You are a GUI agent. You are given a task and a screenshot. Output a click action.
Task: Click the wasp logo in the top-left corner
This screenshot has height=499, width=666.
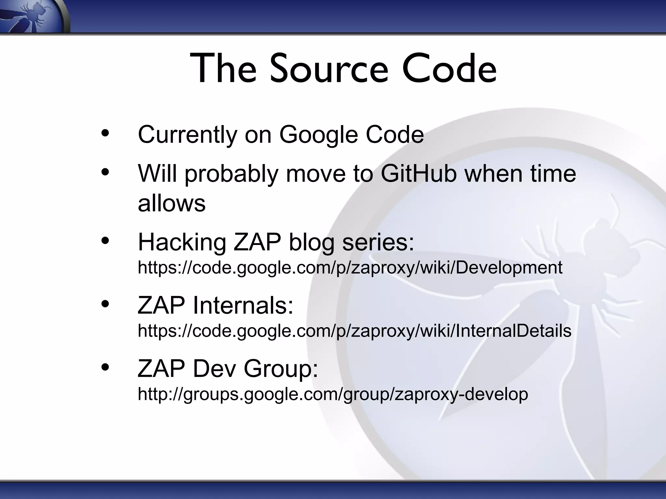pos(34,16)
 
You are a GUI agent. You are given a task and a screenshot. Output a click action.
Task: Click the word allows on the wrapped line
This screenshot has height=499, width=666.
pos(172,203)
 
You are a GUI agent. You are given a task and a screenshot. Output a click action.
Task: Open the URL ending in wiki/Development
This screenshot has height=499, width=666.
pos(350,268)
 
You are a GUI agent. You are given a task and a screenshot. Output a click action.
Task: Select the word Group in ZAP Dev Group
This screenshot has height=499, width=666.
pos(281,368)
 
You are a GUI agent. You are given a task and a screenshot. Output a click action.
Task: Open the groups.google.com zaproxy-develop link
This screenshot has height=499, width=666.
pos(333,394)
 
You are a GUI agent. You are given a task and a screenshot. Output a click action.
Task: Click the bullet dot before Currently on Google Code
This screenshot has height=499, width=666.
pos(105,133)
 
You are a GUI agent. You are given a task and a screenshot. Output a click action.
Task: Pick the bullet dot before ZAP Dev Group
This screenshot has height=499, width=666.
pos(105,367)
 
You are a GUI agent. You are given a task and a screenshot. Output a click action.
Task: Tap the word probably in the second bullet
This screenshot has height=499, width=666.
pos(232,174)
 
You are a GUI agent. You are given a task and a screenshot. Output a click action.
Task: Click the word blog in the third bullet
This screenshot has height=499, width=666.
pos(312,243)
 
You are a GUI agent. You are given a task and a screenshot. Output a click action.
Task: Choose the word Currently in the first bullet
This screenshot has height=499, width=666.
pos(188,135)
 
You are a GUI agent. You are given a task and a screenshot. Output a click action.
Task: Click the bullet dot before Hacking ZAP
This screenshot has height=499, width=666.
pos(105,241)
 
